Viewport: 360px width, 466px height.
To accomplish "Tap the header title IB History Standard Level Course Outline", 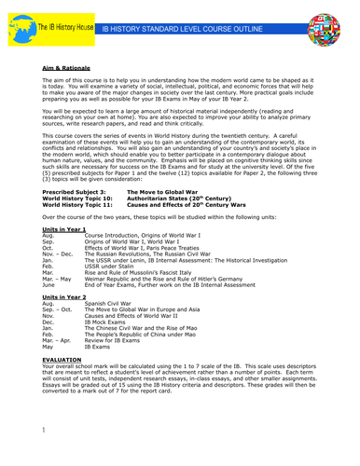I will tap(197, 29).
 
